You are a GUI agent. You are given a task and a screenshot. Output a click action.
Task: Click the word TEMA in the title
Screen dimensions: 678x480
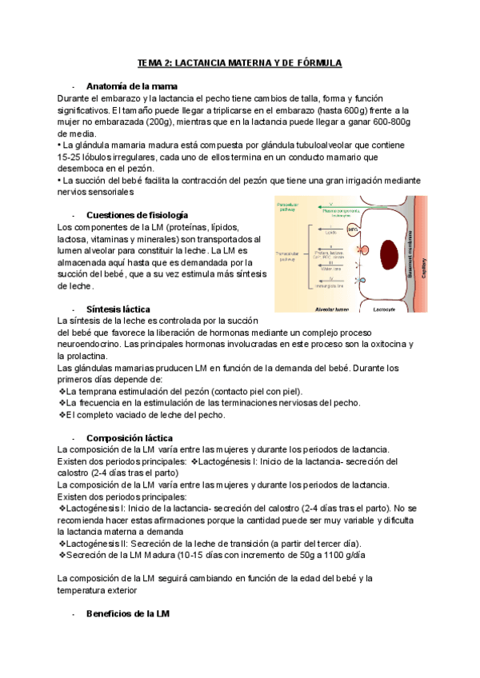pos(150,62)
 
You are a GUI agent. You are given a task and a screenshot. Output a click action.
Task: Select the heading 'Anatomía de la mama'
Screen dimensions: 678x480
pos(131,86)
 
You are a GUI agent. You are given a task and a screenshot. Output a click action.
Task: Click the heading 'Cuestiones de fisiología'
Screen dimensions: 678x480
pos(137,215)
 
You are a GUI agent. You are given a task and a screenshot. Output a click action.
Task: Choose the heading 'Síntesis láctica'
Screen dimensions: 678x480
pos(118,309)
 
